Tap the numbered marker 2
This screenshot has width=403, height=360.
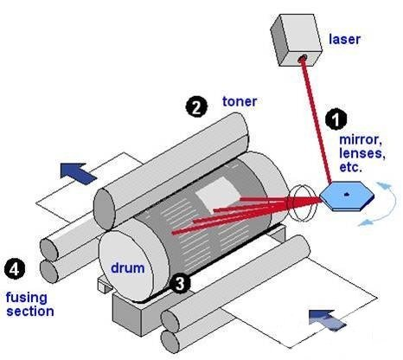click(x=195, y=107)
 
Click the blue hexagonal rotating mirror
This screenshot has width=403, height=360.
click(x=344, y=195)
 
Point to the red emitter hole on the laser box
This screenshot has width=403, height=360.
click(x=303, y=59)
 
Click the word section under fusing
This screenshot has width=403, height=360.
click(x=30, y=311)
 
